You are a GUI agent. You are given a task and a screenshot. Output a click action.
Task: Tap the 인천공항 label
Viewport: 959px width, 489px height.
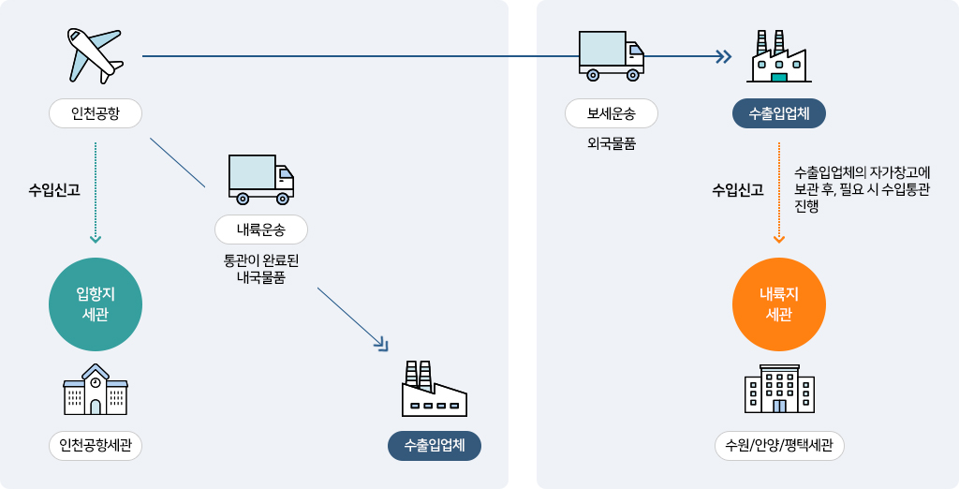click(96, 113)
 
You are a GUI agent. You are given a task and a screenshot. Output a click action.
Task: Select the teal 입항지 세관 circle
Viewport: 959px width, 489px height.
click(96, 304)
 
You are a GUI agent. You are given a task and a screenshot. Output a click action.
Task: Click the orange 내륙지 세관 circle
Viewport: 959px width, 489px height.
click(779, 304)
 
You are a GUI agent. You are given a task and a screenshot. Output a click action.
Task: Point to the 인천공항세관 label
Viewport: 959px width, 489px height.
click(96, 446)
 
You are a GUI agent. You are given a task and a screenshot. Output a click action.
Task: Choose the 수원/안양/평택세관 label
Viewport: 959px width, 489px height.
click(779, 446)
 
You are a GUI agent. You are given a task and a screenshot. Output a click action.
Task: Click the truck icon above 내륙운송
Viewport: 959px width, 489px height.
click(261, 179)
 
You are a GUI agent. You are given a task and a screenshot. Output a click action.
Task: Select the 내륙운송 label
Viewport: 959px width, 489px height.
click(261, 230)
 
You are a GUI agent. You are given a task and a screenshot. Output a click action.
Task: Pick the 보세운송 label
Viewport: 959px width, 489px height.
click(612, 113)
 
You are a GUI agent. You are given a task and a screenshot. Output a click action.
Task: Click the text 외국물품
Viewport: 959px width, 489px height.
click(612, 143)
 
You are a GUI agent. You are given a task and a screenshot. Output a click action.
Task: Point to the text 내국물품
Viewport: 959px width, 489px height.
click(261, 277)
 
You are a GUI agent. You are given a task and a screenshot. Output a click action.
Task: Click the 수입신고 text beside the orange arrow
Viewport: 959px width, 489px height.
click(737, 190)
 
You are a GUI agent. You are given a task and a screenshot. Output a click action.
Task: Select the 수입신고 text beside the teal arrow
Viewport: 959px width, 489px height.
click(54, 190)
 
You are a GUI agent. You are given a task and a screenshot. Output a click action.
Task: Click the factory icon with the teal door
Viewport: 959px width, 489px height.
click(779, 57)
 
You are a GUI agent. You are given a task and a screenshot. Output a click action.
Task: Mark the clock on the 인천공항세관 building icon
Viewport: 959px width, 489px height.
click(96, 382)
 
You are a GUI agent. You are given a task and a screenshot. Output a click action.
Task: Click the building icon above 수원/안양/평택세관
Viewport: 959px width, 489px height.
click(779, 389)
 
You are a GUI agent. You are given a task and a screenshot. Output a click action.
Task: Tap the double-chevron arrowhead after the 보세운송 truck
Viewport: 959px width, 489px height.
click(723, 56)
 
